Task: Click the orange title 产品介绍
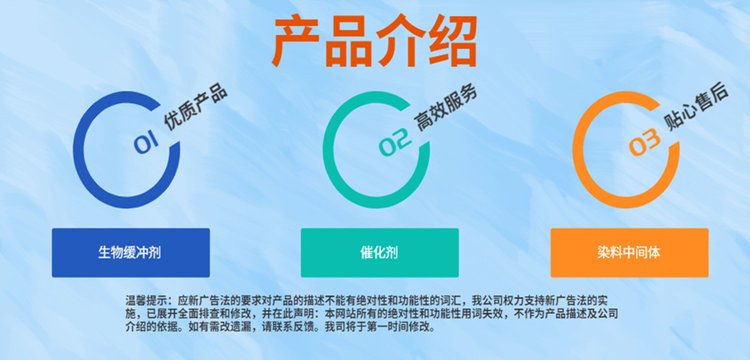pyautogui.click(x=375, y=42)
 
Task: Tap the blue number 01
pyautogui.click(x=146, y=142)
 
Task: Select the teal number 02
pyautogui.click(x=395, y=142)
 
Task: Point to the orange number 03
pyautogui.click(x=644, y=142)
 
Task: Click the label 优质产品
pyautogui.click(x=195, y=108)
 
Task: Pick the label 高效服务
pyautogui.click(x=446, y=109)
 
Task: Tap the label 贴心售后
pyautogui.click(x=697, y=108)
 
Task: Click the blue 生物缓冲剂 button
pyautogui.click(x=131, y=252)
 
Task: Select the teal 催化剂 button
pyautogui.click(x=379, y=252)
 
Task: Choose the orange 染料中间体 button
pyautogui.click(x=629, y=252)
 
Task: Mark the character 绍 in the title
pyautogui.click(x=453, y=42)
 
